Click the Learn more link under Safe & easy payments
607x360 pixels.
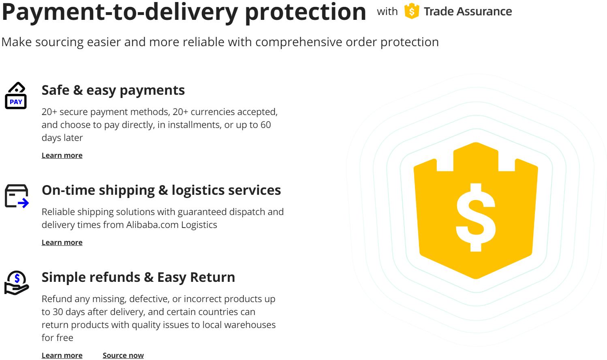(62, 155)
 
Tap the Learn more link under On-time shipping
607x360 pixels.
(62, 242)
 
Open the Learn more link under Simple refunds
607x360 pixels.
(62, 355)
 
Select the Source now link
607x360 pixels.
(123, 355)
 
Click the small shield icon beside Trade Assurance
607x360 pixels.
(412, 11)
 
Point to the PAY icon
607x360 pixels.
(16, 95)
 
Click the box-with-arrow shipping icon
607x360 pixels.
(17, 196)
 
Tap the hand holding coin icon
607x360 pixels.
(17, 283)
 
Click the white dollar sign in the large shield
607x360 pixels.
(476, 217)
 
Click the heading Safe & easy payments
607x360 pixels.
(113, 90)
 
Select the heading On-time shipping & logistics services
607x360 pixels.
(161, 190)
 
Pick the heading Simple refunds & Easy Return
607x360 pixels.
(138, 277)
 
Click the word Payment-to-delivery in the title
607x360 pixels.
(120, 12)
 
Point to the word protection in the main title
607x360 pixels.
(306, 12)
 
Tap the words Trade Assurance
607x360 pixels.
(468, 11)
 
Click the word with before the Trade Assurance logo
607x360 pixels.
(387, 11)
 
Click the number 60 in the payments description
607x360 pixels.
(265, 125)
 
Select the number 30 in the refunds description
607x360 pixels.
(58, 312)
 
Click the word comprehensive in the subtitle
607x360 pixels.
(299, 42)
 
